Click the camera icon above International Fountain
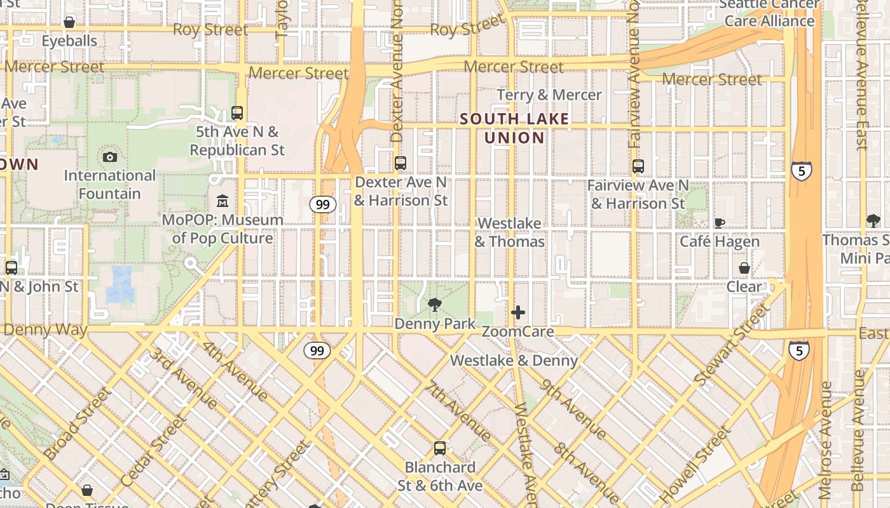[x=109, y=157]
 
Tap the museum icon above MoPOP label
[x=222, y=202]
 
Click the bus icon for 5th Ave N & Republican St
[x=237, y=114]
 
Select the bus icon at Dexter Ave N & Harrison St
[x=400, y=163]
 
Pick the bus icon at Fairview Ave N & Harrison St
[x=638, y=166]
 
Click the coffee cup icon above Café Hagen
[x=719, y=223]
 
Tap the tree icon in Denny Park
[x=435, y=305]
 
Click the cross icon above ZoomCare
[x=518, y=312]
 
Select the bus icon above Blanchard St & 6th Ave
[x=439, y=448]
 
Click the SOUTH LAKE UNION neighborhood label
[x=514, y=128]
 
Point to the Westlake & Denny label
[x=514, y=361]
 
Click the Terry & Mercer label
[x=549, y=95]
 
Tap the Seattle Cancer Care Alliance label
[x=769, y=13]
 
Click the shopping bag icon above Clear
[x=744, y=268]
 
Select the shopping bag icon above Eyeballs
[x=69, y=23]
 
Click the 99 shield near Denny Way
[x=317, y=350]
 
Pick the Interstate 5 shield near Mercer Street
[x=801, y=171]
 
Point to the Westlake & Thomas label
[x=510, y=232]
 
